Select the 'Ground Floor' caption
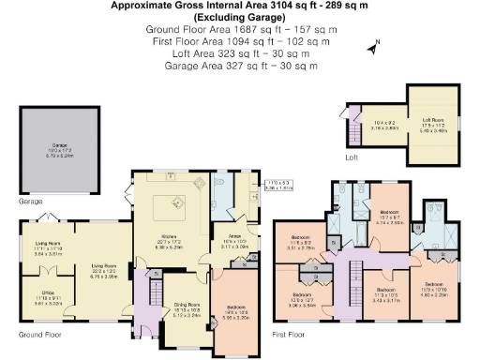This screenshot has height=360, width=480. click(x=38, y=334)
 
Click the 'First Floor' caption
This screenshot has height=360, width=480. click(x=290, y=334)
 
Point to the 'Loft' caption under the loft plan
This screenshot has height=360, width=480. click(x=352, y=157)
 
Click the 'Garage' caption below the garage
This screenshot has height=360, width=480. click(x=31, y=201)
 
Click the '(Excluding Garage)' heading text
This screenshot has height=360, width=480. click(x=239, y=18)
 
